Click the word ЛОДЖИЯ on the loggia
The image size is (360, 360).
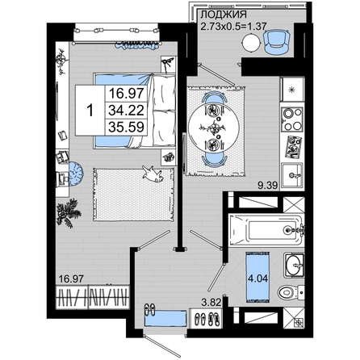[x=224, y=15]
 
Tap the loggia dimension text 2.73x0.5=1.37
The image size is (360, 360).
[x=234, y=27]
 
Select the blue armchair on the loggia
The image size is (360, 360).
[x=277, y=42]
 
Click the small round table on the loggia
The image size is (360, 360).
[x=252, y=42]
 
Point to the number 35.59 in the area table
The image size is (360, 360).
[x=126, y=127]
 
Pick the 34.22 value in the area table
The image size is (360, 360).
[x=126, y=111]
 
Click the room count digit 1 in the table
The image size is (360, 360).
[x=90, y=111]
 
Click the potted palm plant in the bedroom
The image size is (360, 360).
[x=68, y=213]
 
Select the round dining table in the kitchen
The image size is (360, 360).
[x=214, y=128]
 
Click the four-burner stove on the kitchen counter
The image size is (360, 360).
[x=292, y=119]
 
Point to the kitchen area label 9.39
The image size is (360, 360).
[x=268, y=186]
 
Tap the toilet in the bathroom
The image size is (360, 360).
[x=291, y=292]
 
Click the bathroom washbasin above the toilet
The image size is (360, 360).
[x=294, y=265]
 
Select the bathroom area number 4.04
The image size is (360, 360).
[x=258, y=278]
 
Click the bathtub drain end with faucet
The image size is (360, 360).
[x=291, y=229]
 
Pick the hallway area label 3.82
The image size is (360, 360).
[x=211, y=303]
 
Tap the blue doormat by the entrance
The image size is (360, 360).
[x=165, y=319]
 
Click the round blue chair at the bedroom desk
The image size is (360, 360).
[x=76, y=174]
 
